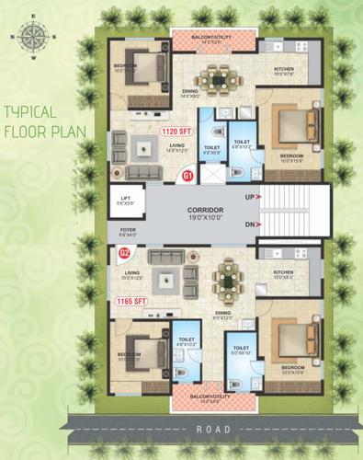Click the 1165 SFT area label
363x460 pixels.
tap(131, 301)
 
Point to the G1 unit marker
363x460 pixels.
tap(187, 175)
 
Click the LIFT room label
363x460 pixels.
tap(122, 196)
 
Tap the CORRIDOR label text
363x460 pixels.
tap(208, 211)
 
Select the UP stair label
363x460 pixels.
tap(248, 197)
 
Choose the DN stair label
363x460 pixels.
tap(248, 225)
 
